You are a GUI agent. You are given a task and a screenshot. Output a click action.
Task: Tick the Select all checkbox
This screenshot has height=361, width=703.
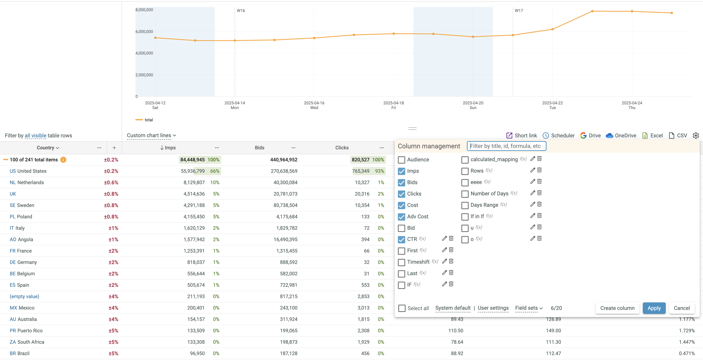point(402,308)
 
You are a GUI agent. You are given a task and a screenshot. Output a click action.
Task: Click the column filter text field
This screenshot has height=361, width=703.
point(506,146)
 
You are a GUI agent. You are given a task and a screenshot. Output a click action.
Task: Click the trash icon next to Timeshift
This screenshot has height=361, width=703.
point(451,261)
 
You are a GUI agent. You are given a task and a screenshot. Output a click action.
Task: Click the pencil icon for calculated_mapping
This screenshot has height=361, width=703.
point(532,159)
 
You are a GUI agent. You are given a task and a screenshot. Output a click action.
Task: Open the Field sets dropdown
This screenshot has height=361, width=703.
point(529,308)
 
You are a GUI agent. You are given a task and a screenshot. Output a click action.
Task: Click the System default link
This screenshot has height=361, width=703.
point(453,308)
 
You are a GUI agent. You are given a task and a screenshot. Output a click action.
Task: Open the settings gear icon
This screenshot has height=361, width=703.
point(696,136)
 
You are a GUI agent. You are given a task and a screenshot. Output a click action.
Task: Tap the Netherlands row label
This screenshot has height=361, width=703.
point(27,182)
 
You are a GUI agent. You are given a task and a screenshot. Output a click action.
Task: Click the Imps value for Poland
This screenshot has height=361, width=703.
point(194,217)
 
